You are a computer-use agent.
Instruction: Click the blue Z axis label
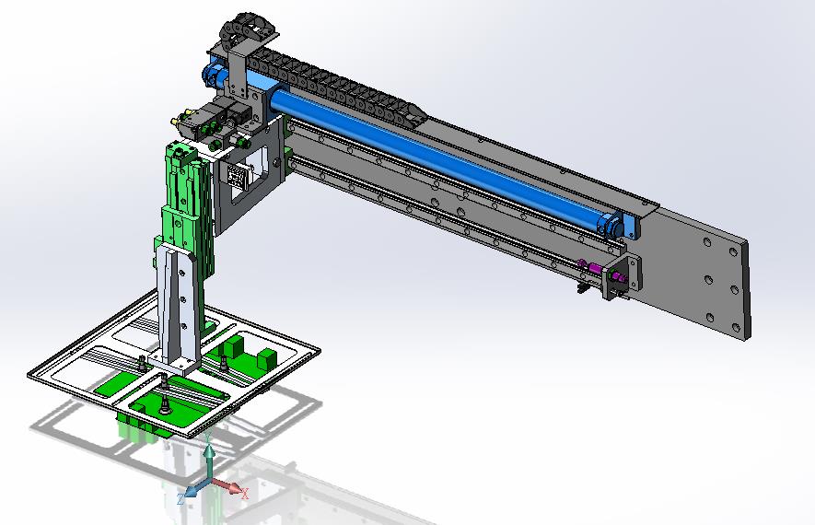[180, 499]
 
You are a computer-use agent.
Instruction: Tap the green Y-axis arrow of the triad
[209, 459]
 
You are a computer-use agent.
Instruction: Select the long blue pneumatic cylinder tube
[436, 155]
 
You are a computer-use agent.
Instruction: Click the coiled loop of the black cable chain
[245, 28]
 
